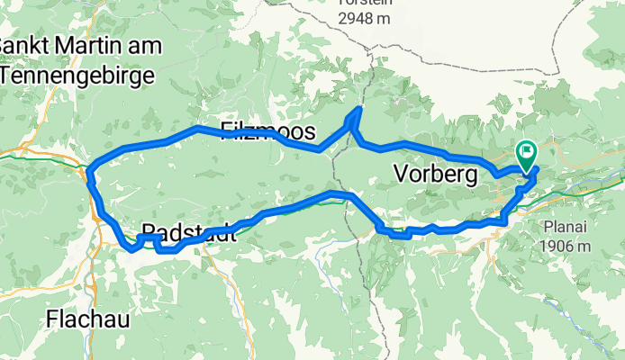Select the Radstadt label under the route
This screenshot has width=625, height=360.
coord(189,233)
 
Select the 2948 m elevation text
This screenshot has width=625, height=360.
coord(366,18)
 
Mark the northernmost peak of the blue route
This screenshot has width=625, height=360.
coord(359,109)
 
